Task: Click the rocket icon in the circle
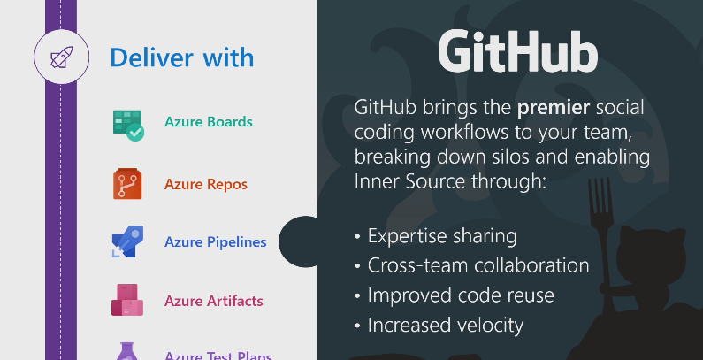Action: (x=61, y=57)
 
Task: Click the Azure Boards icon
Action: (x=128, y=126)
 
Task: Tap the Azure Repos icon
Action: (x=127, y=183)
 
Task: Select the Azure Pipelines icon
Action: (x=127, y=241)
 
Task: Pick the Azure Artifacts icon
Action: (x=127, y=300)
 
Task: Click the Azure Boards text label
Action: (x=209, y=121)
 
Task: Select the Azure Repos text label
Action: (x=206, y=184)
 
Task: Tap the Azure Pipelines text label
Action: (x=215, y=242)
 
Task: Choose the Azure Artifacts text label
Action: (x=213, y=301)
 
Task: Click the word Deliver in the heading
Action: (x=151, y=57)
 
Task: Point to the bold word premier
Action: (x=554, y=108)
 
